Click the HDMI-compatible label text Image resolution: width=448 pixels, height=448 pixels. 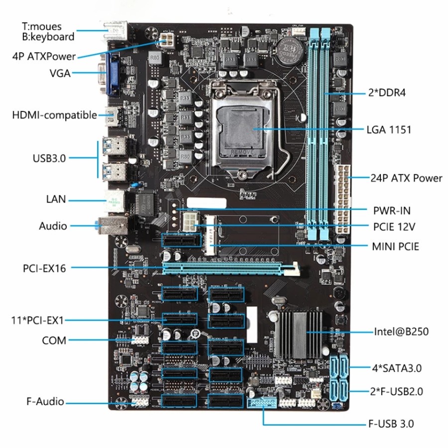55,115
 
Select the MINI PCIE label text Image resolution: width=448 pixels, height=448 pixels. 395,246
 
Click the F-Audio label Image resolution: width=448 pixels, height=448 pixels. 45,401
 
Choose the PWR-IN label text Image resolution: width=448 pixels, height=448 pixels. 392,210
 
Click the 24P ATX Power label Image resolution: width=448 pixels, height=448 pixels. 406,178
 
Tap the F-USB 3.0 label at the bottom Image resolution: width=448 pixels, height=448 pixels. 390,424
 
